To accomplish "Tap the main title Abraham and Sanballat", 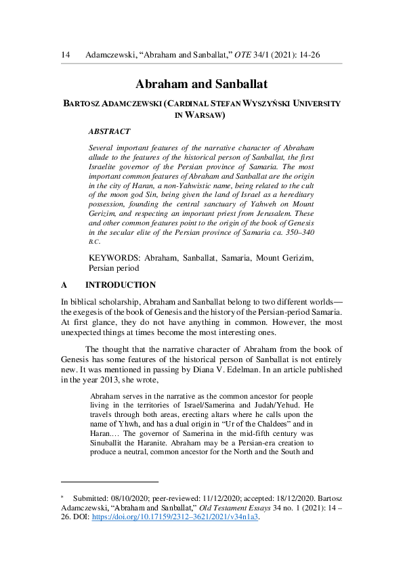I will point(202,85).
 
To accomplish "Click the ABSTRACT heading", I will point(110,131).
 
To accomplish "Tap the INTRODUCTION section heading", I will point(120,285).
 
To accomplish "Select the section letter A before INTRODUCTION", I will point(64,285).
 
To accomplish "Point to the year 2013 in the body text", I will point(120,380).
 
